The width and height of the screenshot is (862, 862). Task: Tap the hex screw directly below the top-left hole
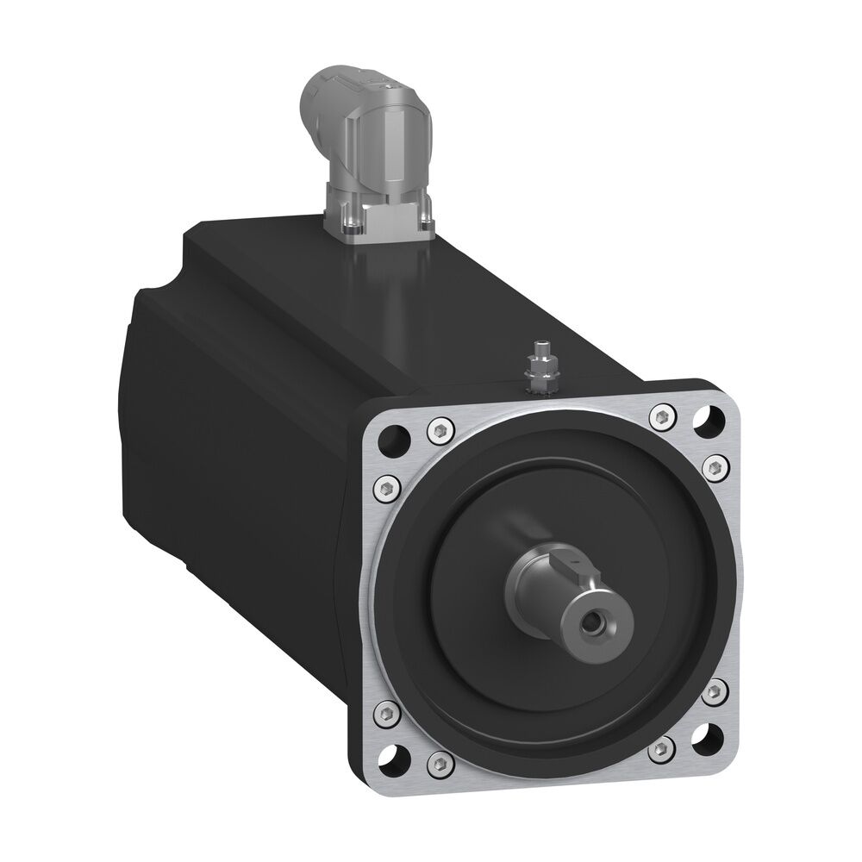[x=386, y=487]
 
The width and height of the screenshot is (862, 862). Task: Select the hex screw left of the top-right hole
[x=662, y=417]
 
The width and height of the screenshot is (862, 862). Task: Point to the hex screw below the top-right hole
[x=717, y=465]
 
